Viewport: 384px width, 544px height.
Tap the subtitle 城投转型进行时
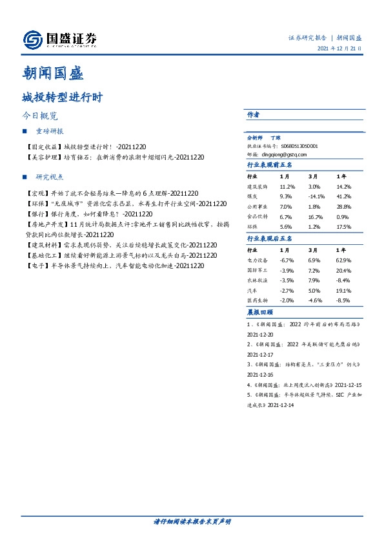(61, 98)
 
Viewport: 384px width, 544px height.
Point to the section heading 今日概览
(40, 117)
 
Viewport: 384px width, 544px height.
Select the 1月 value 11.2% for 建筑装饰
(287, 186)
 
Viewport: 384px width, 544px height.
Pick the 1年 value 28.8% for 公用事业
(343, 205)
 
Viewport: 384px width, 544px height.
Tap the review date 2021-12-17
(260, 355)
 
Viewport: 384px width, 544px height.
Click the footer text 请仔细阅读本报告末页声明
(192, 521)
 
